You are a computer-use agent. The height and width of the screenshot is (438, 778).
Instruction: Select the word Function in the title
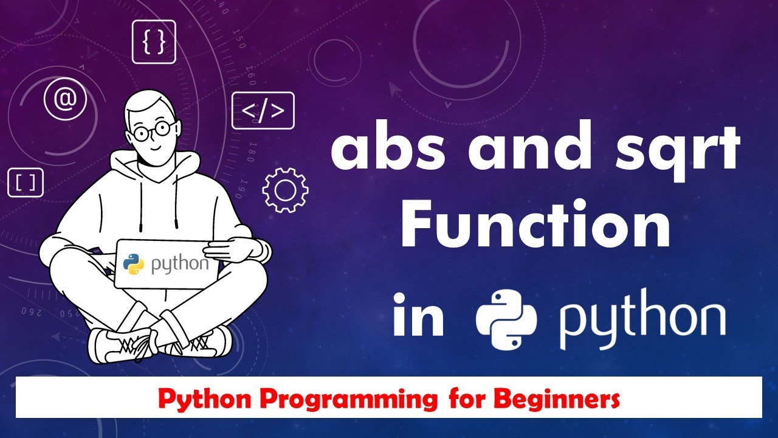coord(535,226)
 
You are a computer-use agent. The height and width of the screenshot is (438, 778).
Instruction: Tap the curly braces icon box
coord(153,42)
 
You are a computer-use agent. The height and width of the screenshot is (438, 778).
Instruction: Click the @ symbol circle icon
coord(66,99)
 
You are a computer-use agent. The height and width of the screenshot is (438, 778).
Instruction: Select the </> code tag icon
coord(263,110)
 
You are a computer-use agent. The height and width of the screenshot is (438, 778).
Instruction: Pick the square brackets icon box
coord(26,182)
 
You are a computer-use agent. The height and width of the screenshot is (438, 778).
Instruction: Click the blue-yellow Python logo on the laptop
coord(134,263)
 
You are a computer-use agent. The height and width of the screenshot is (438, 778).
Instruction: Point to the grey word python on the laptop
coord(179,265)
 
